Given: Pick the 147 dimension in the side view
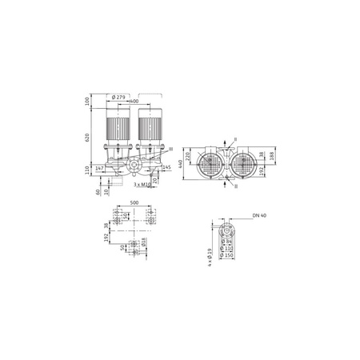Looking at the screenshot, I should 100,169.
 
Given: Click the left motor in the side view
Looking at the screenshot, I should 118,128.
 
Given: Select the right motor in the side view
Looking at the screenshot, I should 149,128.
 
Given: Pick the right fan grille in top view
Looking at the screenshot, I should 246,166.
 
